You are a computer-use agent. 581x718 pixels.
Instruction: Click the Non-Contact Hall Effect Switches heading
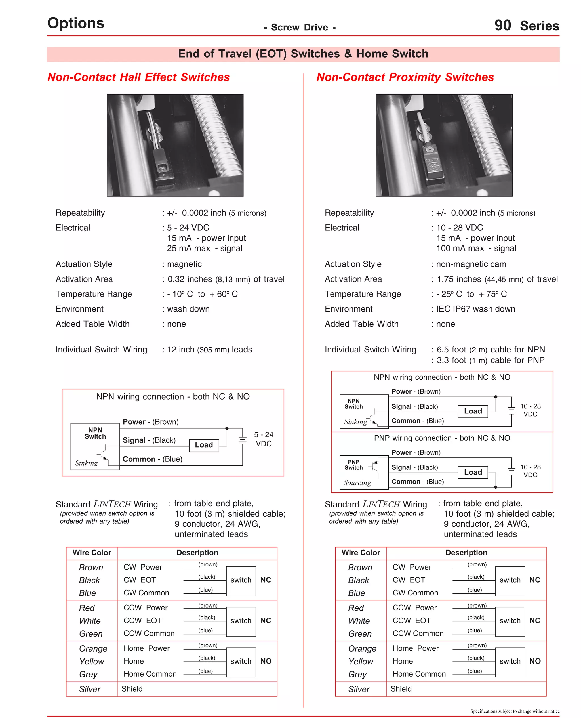pyautogui.click(x=138, y=77)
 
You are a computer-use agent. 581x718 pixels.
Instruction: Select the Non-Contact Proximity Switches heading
pyautogui.click(x=405, y=77)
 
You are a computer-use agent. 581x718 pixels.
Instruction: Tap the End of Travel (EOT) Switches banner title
pyautogui.click(x=303, y=54)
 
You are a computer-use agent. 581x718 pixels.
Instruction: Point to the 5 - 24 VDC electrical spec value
pyautogui.click(x=188, y=228)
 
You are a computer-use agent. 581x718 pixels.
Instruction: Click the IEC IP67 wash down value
pyautogui.click(x=475, y=309)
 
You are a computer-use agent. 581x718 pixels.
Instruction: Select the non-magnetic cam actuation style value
pyautogui.click(x=471, y=264)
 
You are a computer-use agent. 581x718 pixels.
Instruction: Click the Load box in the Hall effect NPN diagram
pyautogui.click(x=204, y=445)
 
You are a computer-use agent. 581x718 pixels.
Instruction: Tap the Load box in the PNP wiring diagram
pyautogui.click(x=473, y=472)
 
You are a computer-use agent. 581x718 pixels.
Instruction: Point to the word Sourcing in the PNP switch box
pyautogui.click(x=357, y=483)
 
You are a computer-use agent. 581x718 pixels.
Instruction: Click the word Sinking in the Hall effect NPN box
pyautogui.click(x=86, y=463)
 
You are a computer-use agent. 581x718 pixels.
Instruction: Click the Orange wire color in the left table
pyautogui.click(x=93, y=649)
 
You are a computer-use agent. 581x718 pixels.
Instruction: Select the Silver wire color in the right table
pyautogui.click(x=359, y=689)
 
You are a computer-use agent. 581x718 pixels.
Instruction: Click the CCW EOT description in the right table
pyautogui.click(x=411, y=621)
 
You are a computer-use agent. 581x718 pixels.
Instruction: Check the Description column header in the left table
pyautogui.click(x=197, y=553)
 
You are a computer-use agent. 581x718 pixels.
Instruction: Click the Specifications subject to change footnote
pyautogui.click(x=515, y=711)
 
